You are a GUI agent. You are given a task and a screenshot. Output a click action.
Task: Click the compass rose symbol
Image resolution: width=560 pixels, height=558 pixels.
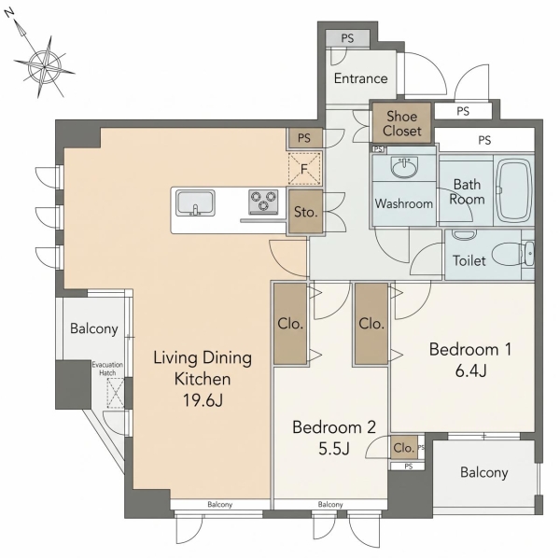click(x=44, y=67)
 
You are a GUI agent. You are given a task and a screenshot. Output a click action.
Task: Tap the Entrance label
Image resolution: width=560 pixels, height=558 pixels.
click(x=360, y=78)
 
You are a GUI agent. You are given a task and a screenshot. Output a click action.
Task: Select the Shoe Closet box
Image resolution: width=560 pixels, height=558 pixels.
click(x=401, y=123)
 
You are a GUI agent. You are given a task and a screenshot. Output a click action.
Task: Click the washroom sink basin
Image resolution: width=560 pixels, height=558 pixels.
click(x=404, y=167)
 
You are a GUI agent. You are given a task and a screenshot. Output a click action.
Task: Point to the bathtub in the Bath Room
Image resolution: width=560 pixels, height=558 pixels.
click(x=513, y=190)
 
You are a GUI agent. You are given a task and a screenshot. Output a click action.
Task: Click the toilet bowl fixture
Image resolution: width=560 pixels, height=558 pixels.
click(x=507, y=254)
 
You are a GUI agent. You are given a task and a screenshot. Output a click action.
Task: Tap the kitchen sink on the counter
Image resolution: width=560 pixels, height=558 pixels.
click(x=195, y=203)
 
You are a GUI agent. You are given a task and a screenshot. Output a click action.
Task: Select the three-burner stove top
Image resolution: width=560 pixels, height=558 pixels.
click(x=263, y=202)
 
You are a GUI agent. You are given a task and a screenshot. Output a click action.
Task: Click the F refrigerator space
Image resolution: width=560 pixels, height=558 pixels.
click(x=304, y=169)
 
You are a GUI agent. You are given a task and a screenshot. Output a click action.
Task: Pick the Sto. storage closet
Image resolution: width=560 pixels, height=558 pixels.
click(x=306, y=212)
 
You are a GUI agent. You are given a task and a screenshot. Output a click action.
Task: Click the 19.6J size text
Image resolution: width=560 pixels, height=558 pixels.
click(x=203, y=400)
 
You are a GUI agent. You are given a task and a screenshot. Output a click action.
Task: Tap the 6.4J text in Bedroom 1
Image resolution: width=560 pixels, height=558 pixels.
click(x=470, y=371)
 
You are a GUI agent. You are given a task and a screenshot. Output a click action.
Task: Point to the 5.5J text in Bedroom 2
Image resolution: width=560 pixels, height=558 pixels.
click(x=333, y=449)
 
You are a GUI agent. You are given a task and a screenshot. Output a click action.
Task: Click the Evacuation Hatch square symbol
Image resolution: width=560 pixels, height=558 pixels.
click(x=116, y=393)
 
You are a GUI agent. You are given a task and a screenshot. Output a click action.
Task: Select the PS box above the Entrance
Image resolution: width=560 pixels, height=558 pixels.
click(x=347, y=38)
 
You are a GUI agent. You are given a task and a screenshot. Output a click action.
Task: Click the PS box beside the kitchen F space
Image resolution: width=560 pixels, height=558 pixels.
click(x=304, y=138)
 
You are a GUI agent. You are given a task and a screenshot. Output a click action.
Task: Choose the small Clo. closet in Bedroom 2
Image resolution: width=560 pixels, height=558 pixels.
click(x=404, y=447)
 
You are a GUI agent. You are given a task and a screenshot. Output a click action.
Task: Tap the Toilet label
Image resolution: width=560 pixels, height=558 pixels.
click(x=469, y=260)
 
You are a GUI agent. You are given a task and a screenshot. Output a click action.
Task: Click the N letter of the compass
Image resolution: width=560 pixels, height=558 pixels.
click(x=9, y=14)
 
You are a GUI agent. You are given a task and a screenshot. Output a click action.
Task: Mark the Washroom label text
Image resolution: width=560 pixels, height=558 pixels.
click(x=403, y=203)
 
